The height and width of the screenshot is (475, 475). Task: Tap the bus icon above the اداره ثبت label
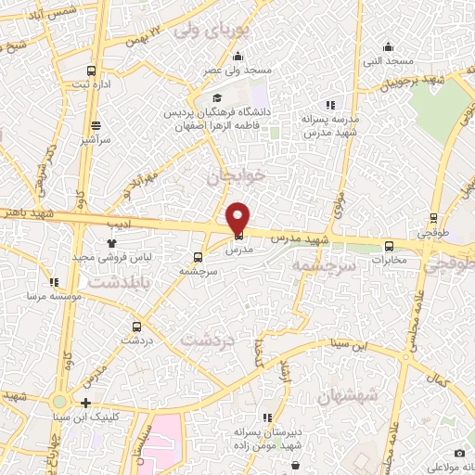[91, 71]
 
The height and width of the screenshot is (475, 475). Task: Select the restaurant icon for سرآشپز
[96, 125]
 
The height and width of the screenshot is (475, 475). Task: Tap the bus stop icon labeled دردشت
[136, 326]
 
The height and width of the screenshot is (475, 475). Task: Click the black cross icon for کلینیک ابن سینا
[85, 403]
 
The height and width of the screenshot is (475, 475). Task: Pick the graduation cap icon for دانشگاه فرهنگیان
[217, 97]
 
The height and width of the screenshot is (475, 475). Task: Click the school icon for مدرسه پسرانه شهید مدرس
[329, 105]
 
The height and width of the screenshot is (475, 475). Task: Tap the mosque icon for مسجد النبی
[388, 47]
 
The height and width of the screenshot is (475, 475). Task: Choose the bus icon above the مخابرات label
[388, 246]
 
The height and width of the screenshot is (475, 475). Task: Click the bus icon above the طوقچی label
[433, 220]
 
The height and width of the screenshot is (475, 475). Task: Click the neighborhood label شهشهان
[347, 396]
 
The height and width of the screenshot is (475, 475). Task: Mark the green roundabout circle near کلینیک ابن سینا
[60, 403]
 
